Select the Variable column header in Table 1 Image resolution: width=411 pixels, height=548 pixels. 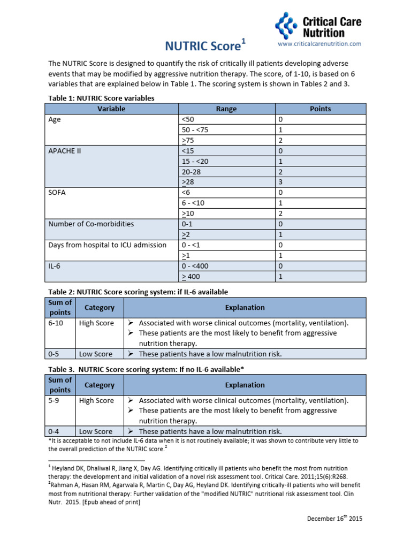coord(111,109)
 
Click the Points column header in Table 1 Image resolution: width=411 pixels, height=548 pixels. coord(320,109)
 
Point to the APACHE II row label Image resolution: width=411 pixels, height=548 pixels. coord(65,151)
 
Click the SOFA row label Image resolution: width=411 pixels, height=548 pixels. coord(57,193)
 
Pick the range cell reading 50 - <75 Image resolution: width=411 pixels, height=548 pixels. coord(196,130)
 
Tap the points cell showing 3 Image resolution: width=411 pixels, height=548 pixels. coord(280,182)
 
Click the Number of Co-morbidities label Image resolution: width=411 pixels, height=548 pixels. coord(91,224)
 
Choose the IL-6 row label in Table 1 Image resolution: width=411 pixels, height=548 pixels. coord(55,265)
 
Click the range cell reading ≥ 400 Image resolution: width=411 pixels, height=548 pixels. coord(194,276)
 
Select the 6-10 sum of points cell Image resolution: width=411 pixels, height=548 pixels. coord(56,323)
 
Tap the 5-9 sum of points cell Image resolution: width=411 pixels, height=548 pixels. coord(54,401)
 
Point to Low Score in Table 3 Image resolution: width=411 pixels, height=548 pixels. coord(96,431)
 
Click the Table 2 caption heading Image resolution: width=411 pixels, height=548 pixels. coord(138,292)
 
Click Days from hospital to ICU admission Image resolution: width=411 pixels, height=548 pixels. coord(107,245)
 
